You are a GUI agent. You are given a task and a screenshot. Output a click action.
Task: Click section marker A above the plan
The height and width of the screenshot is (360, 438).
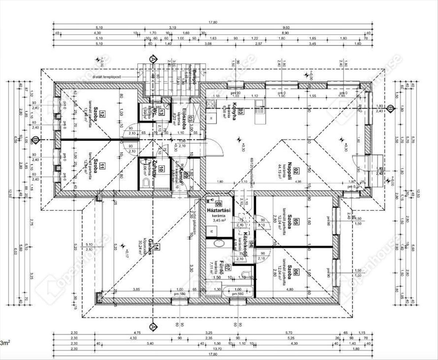[x=153, y=59]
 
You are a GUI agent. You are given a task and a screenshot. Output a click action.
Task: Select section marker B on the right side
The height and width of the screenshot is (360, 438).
[x=391, y=108]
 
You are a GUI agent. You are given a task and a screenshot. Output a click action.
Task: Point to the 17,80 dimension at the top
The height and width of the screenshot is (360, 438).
[x=213, y=22]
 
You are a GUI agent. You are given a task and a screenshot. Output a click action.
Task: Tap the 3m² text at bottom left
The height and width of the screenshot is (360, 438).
[x=5, y=343]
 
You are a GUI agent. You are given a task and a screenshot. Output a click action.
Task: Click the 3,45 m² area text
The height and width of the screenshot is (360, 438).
[x=219, y=221]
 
